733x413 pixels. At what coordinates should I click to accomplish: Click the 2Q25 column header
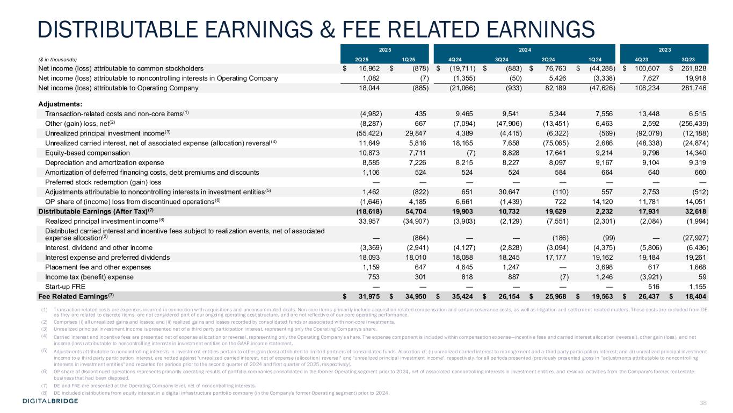tap(362, 59)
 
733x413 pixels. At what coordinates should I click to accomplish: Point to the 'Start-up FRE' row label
tap(63, 286)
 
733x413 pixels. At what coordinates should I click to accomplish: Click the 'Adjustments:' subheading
tap(57, 104)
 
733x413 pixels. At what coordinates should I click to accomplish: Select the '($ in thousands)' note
tap(57, 59)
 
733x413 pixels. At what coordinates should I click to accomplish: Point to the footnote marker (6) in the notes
tap(43, 372)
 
